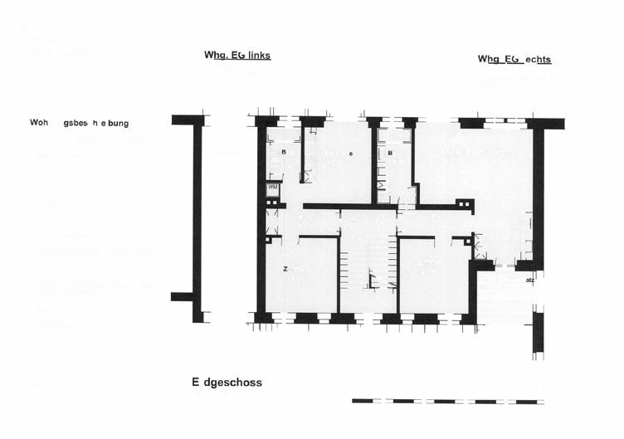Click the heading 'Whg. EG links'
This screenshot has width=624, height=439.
[237, 56]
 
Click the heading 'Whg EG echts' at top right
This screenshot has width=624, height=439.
[514, 60]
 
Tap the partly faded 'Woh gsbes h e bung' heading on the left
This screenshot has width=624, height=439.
[79, 123]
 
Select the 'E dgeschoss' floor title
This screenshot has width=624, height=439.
[227, 383]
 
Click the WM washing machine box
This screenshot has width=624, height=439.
[272, 188]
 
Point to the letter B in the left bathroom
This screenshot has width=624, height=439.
[283, 153]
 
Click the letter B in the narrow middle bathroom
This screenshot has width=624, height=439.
[390, 154]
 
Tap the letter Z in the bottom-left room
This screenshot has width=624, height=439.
[285, 270]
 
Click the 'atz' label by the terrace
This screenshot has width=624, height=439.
[529, 280]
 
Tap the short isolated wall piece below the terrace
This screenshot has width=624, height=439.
[538, 332]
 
